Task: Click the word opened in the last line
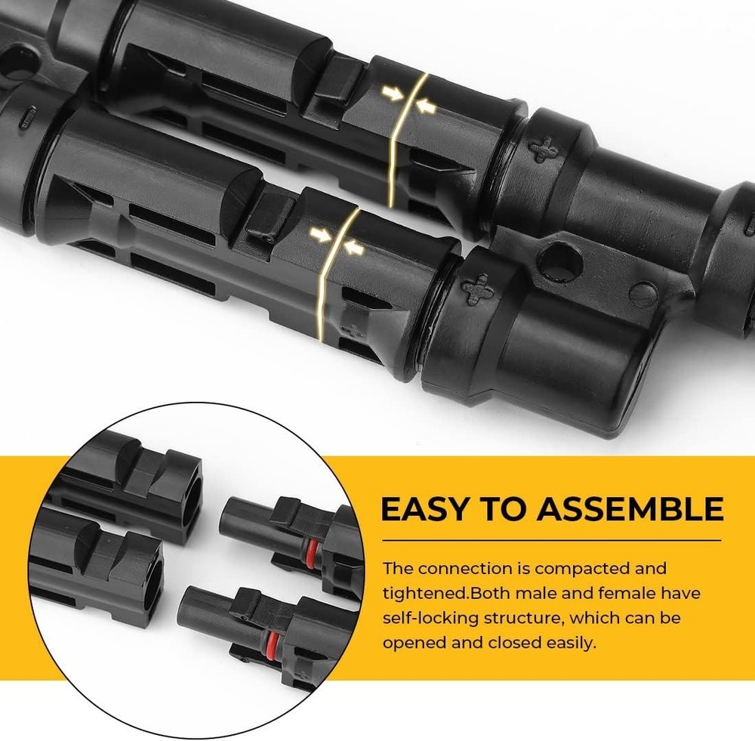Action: tap(412, 643)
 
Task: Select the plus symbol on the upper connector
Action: tap(544, 149)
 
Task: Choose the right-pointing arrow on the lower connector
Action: tap(326, 236)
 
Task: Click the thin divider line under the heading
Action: tap(550, 541)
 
